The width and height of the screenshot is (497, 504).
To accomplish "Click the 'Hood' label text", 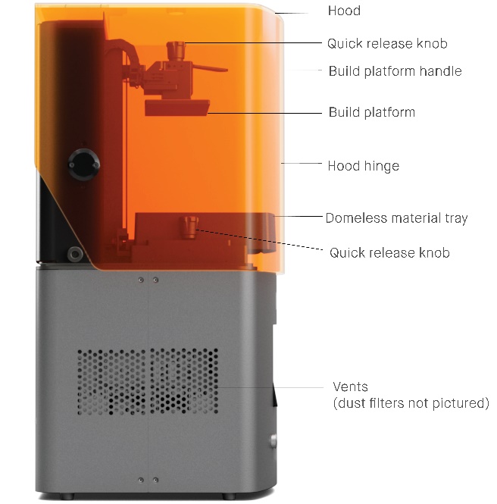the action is [x=344, y=11].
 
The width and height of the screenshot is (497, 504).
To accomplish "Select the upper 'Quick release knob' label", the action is [x=387, y=43].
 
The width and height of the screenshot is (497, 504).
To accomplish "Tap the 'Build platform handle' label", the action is [x=395, y=71].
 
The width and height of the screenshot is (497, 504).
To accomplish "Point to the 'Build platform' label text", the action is [x=372, y=112].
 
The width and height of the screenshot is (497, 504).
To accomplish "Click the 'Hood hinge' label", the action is [x=364, y=166].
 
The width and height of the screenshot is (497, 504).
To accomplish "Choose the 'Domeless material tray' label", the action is [x=396, y=218].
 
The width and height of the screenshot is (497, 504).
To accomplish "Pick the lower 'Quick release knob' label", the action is [x=389, y=252].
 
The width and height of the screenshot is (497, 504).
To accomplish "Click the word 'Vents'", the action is [x=350, y=387].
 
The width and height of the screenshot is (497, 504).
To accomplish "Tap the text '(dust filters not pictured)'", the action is [x=411, y=403].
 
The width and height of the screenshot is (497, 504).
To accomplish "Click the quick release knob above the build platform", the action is [x=176, y=51].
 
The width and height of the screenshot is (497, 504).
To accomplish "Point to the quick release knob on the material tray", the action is [x=189, y=227].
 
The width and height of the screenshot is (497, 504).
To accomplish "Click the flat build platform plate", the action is [x=177, y=108].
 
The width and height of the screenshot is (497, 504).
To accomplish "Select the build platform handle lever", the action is [x=210, y=68].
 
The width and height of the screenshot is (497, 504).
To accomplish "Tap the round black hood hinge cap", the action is [x=84, y=164].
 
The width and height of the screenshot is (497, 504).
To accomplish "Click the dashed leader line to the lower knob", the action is [x=259, y=239].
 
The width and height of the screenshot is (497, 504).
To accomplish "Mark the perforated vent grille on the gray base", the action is [x=148, y=381].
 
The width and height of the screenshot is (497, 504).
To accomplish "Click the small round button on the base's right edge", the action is [x=274, y=440].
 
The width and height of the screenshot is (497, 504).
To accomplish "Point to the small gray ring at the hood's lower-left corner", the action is [x=75, y=254].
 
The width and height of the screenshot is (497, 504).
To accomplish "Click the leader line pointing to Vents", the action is [x=270, y=387].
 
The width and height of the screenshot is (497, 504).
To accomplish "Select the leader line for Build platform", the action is [x=264, y=113].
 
